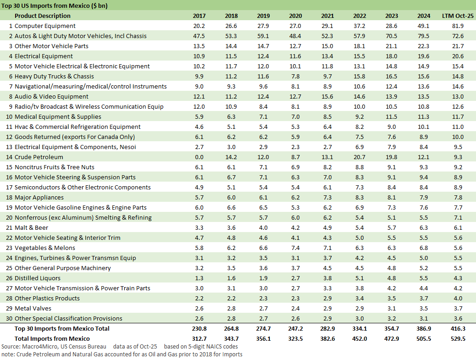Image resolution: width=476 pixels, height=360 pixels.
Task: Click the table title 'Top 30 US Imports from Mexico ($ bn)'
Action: pos(55,6)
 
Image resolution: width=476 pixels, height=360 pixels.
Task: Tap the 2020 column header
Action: pos(295,16)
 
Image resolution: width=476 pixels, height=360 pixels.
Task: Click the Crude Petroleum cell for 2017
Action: pos(199,157)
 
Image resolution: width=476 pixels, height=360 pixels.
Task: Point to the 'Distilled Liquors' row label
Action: pos(38,278)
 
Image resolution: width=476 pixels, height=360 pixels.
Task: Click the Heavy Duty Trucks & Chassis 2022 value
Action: pos(360,77)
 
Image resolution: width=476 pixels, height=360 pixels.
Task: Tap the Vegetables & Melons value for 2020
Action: pos(295,248)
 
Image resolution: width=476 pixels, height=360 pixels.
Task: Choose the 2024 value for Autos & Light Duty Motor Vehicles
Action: pos(424,36)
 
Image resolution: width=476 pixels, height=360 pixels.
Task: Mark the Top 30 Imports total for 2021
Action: pos(328,329)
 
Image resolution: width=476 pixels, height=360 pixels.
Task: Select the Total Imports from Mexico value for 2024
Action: pos(424,338)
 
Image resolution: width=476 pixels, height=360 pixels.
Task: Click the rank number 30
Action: pos(8,319)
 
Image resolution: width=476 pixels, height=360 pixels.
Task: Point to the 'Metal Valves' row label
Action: pos(33,309)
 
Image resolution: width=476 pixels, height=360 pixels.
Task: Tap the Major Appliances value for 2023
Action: pos(392,198)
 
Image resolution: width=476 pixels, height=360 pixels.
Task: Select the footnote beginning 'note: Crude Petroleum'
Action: pos(121,354)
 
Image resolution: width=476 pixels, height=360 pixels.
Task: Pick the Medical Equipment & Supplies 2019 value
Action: pos(263,117)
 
